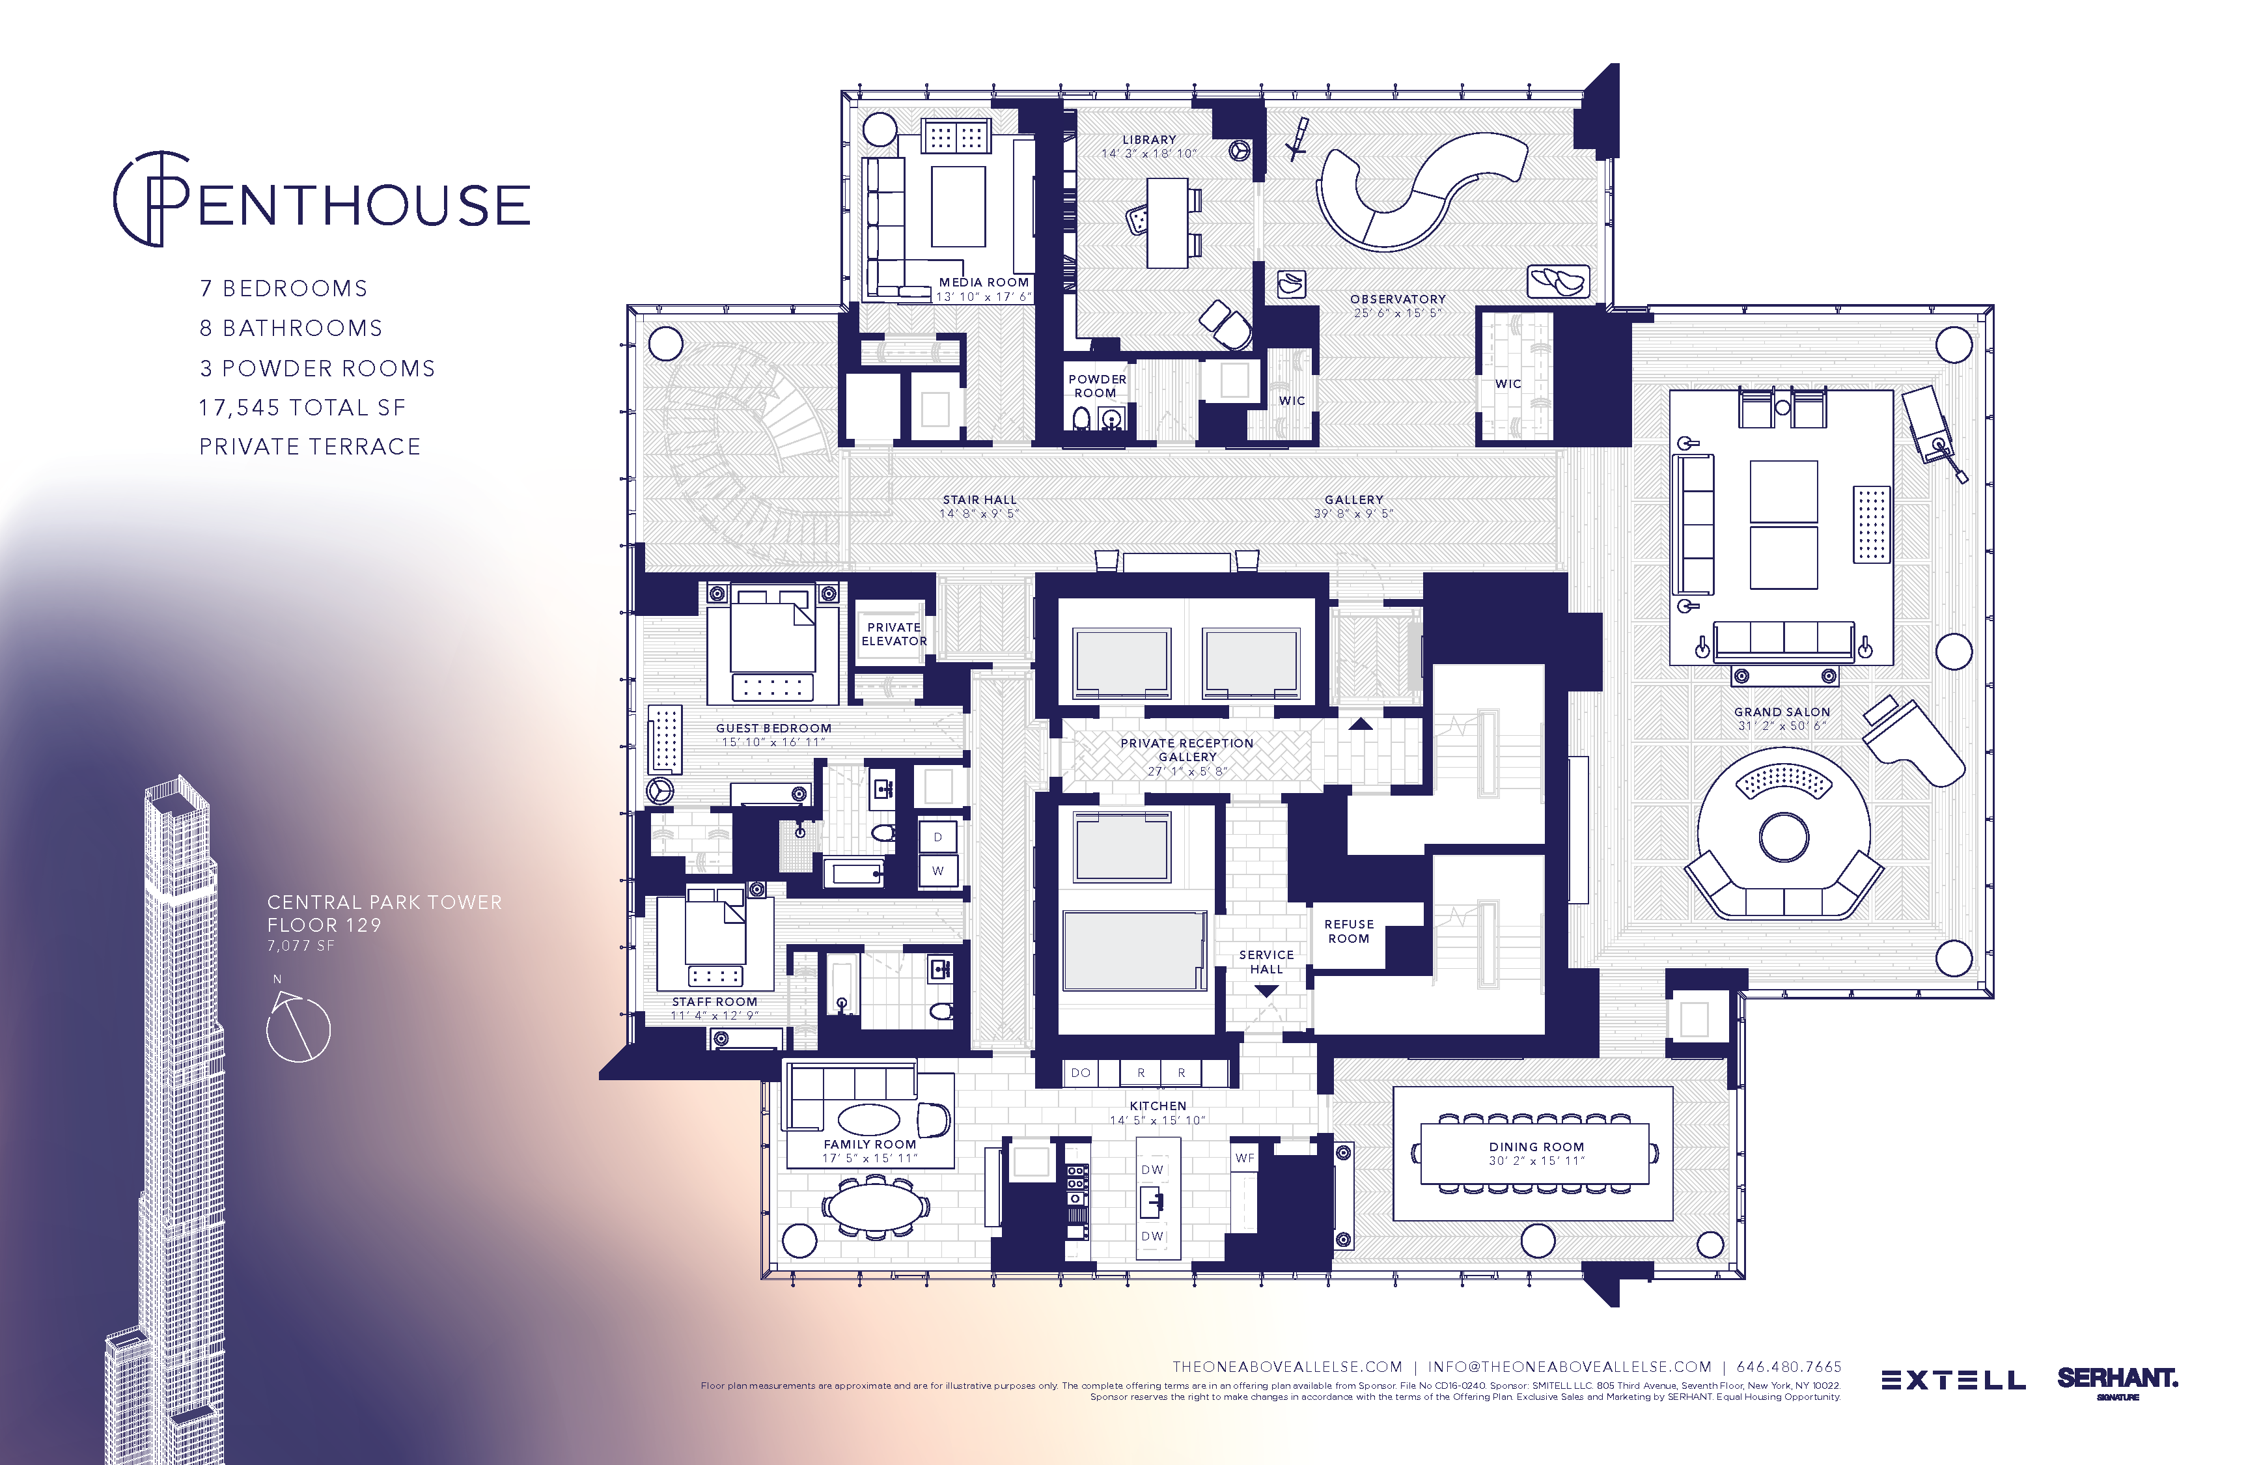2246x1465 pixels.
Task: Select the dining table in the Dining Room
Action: click(1535, 1152)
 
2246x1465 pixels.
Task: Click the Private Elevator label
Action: click(894, 634)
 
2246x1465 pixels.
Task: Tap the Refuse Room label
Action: click(1348, 930)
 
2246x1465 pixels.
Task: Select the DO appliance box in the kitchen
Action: click(1081, 1072)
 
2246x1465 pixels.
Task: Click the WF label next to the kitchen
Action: click(1245, 1157)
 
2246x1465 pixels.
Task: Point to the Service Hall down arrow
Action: click(1266, 991)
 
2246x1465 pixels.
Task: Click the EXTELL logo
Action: click(1952, 1380)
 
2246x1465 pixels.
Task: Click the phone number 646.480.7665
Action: click(1788, 1366)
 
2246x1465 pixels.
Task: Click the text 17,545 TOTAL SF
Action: click(302, 408)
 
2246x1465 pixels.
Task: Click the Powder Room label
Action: click(1096, 385)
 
